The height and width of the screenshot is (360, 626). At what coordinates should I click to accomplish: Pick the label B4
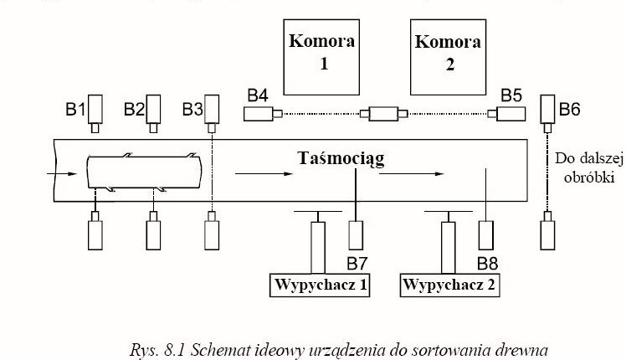coord(257,95)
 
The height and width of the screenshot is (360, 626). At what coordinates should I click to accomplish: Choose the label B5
coord(511,95)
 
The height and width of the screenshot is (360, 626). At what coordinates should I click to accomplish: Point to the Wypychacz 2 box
coord(450,284)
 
